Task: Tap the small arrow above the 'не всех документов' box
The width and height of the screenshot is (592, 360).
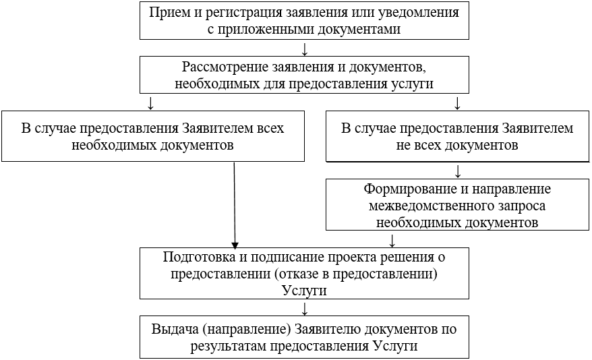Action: pyautogui.click(x=458, y=103)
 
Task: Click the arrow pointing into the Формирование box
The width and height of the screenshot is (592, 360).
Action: pyautogui.click(x=458, y=170)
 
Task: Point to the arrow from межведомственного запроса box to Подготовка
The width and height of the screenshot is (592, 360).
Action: pyautogui.click(x=392, y=239)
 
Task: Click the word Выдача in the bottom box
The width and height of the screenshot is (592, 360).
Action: pyautogui.click(x=175, y=329)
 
